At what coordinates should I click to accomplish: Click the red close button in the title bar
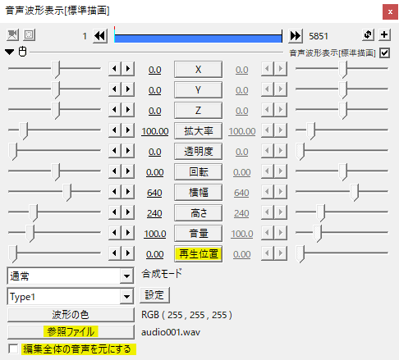pos(390,12)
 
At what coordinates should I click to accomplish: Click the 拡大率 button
pos(198,131)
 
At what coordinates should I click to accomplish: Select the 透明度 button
pos(198,152)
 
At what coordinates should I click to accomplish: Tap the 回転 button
pos(198,172)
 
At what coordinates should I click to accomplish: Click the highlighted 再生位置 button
pos(198,254)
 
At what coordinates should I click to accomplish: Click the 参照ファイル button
pos(71,332)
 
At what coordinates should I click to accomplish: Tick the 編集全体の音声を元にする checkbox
pos(13,349)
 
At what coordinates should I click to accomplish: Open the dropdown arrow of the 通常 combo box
pos(126,276)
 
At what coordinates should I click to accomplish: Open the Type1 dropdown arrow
pos(126,297)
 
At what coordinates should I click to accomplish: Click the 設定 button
pos(154,295)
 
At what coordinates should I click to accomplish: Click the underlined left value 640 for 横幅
pos(154,193)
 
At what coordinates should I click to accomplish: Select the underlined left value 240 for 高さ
pos(154,213)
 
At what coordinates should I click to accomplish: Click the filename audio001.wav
pos(171,332)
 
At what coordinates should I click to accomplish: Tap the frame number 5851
pos(319,36)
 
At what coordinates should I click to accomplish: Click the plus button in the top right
pos(384,34)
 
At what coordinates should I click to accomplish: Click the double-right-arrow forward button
pos(296,35)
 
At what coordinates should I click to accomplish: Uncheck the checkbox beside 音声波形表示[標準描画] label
pos(384,52)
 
